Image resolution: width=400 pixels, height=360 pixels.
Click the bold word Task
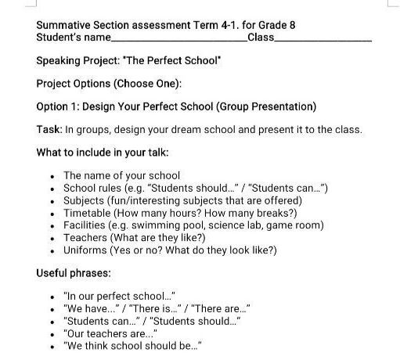click(x=49, y=129)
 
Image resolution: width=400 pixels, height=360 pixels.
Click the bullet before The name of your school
click(x=52, y=176)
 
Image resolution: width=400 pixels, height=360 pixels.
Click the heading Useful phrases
click(x=74, y=274)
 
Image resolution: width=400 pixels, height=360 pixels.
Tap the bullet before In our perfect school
click(x=52, y=297)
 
